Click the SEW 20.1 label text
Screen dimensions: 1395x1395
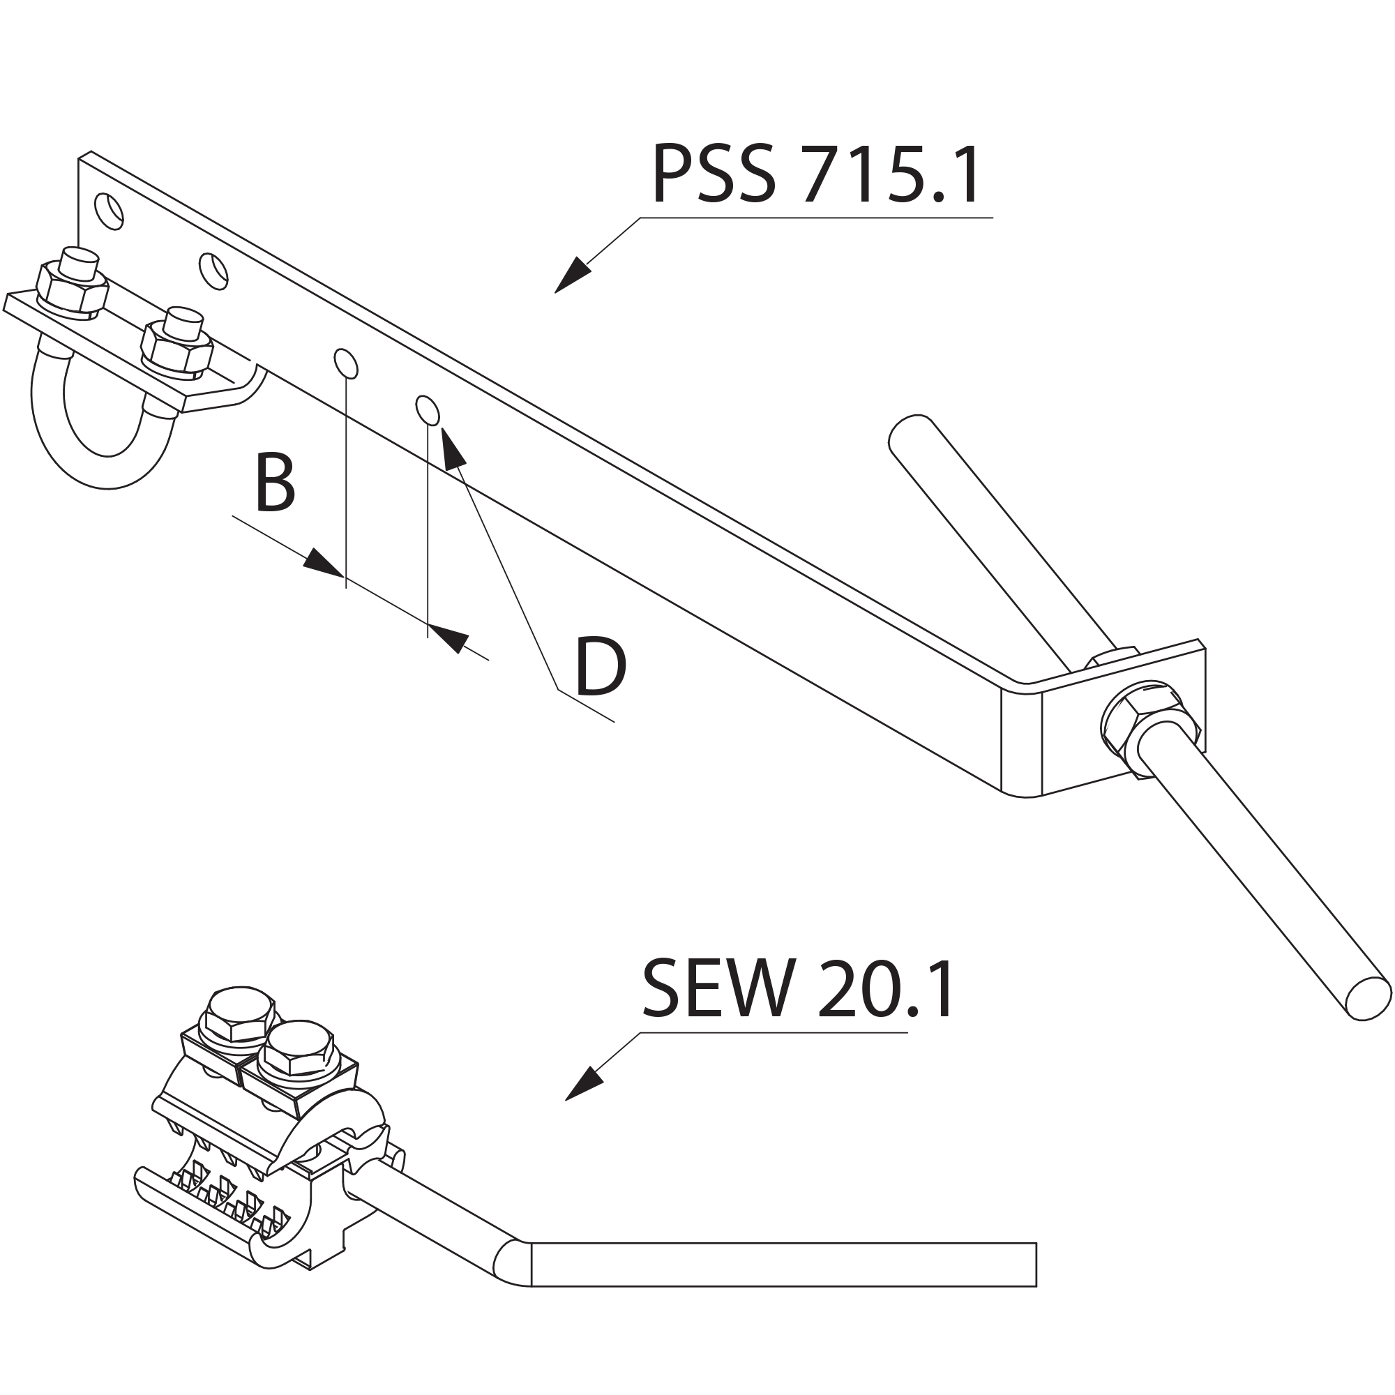(x=799, y=988)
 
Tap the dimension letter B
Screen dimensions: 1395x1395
(x=275, y=483)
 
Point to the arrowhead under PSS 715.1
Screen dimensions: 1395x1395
(x=573, y=275)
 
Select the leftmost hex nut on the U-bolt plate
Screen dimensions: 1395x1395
(x=73, y=290)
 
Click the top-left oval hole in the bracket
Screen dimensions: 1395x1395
(x=109, y=211)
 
